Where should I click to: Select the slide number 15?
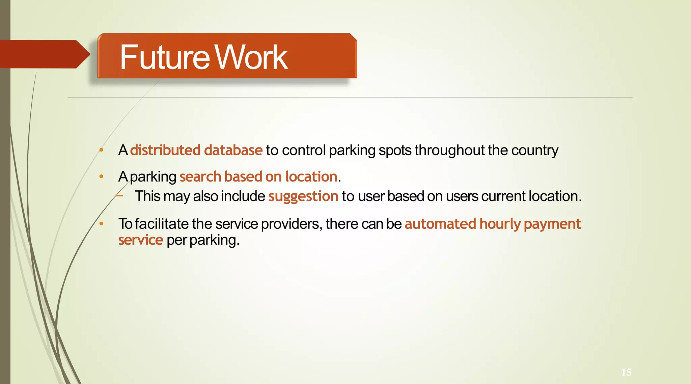coord(626,372)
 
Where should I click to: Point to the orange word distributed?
coord(165,150)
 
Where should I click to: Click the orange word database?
coord(233,150)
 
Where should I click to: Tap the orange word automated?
coord(440,224)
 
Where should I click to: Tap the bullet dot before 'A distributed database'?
coord(101,150)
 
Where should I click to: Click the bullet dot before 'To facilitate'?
coord(101,223)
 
